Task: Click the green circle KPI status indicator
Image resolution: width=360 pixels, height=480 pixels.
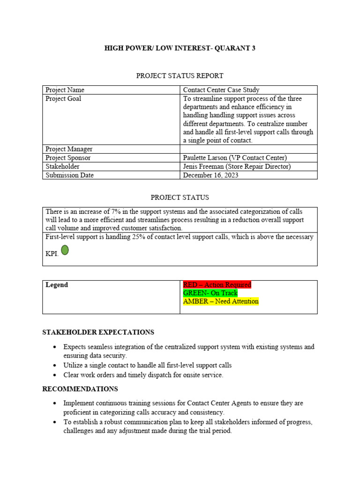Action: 65,250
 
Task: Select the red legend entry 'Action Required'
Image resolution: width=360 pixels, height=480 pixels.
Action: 217,285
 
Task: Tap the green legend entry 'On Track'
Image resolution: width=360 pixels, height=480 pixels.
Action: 210,293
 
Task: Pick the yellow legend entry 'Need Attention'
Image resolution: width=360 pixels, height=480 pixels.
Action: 220,301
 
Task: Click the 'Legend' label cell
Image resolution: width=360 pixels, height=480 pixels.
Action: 57,285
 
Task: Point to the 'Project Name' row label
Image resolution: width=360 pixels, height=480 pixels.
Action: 65,90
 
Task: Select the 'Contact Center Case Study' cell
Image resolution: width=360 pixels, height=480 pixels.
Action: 221,90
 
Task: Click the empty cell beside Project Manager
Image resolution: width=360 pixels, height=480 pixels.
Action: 248,149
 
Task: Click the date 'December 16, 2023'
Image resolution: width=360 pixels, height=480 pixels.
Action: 210,175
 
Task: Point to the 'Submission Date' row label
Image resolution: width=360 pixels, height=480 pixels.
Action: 69,175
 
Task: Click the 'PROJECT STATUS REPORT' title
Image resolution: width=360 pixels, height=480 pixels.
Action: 180,75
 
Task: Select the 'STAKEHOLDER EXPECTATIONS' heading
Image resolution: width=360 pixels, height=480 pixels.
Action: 98,332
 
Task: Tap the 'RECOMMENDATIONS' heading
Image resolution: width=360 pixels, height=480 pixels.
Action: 80,389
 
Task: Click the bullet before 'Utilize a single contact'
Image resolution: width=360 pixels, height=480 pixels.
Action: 55,366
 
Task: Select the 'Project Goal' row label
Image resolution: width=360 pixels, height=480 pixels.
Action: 63,99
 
